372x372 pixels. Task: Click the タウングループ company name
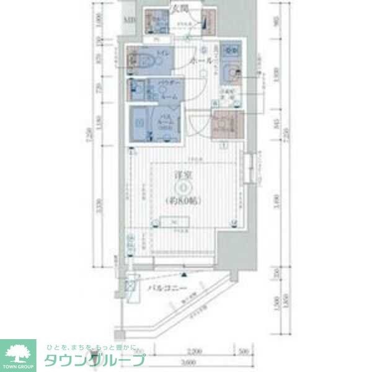point(93,359)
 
